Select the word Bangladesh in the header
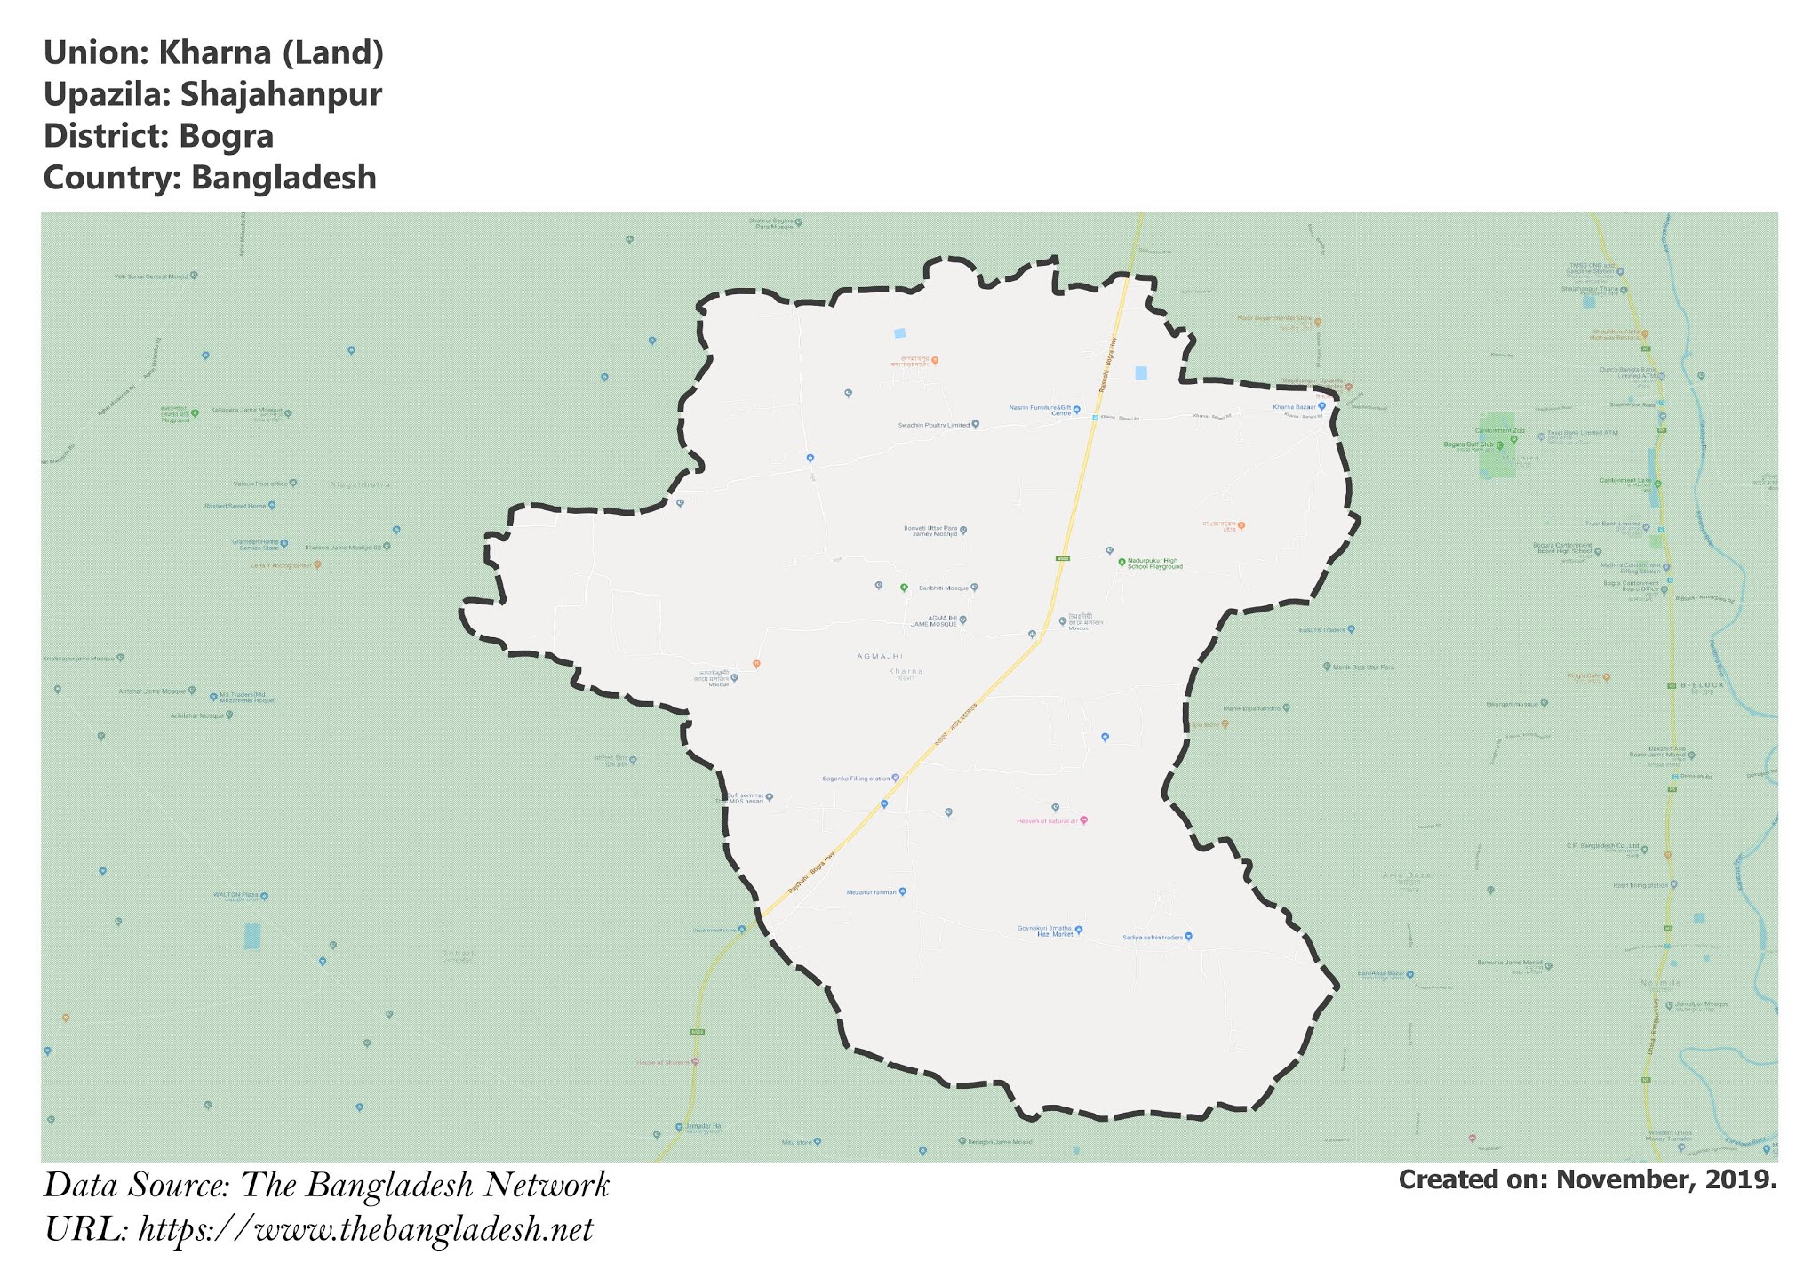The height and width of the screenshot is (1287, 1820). (283, 178)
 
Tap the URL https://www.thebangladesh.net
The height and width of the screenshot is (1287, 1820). (365, 1230)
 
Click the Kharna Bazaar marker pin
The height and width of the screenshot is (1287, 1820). (1321, 406)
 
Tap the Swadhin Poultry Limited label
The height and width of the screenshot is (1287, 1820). (934, 425)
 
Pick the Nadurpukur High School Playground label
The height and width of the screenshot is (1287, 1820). (1154, 564)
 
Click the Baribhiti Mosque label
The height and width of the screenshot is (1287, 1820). (943, 588)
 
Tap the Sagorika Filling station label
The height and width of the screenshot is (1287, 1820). (856, 779)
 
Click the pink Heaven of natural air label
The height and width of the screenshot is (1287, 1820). (1048, 821)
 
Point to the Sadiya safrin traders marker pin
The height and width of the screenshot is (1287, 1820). (1189, 936)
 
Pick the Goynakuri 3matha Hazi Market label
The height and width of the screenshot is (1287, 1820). (1045, 931)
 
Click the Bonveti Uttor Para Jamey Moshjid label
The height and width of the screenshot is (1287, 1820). (930, 531)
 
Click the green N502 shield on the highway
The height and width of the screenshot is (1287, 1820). (1062, 558)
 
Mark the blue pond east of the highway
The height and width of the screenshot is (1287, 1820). (1141, 373)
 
